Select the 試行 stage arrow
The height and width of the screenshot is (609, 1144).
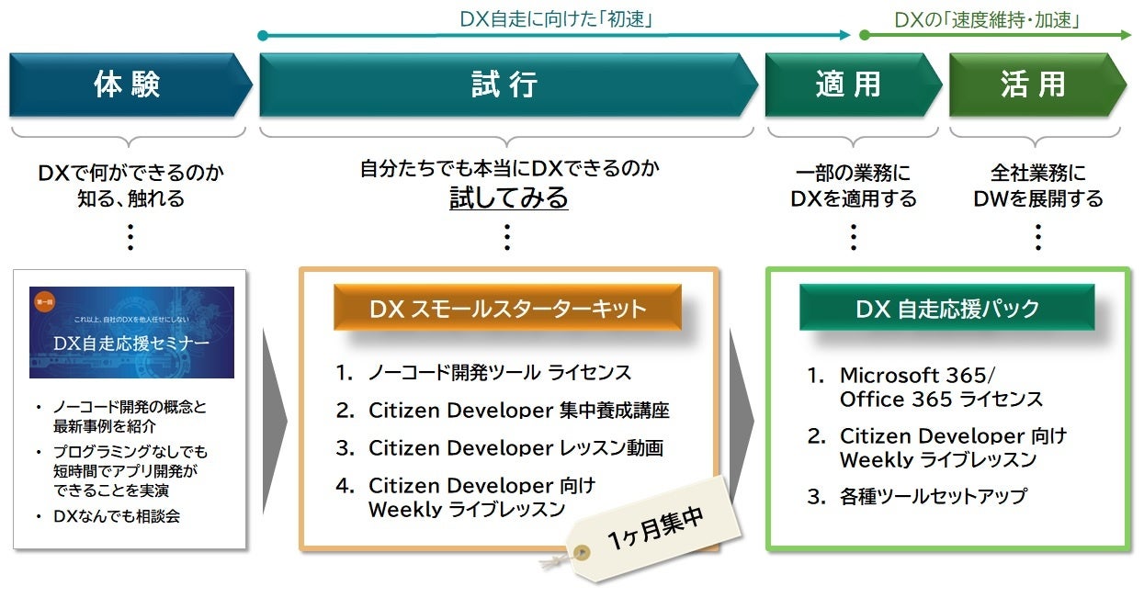tap(504, 85)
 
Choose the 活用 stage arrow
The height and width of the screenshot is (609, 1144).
tap(1033, 85)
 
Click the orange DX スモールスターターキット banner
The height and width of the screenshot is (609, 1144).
tap(507, 309)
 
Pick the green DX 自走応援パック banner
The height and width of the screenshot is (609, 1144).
tap(946, 309)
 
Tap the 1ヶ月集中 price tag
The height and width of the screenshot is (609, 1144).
tap(655, 530)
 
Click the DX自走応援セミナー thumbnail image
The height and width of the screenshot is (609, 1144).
tap(131, 333)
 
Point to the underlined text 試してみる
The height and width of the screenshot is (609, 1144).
tap(508, 197)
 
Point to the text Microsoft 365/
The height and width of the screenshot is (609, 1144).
tap(917, 375)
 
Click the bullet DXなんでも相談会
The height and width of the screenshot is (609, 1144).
tap(116, 516)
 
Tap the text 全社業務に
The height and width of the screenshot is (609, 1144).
tap(1037, 172)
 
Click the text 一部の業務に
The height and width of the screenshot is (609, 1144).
tap(854, 172)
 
